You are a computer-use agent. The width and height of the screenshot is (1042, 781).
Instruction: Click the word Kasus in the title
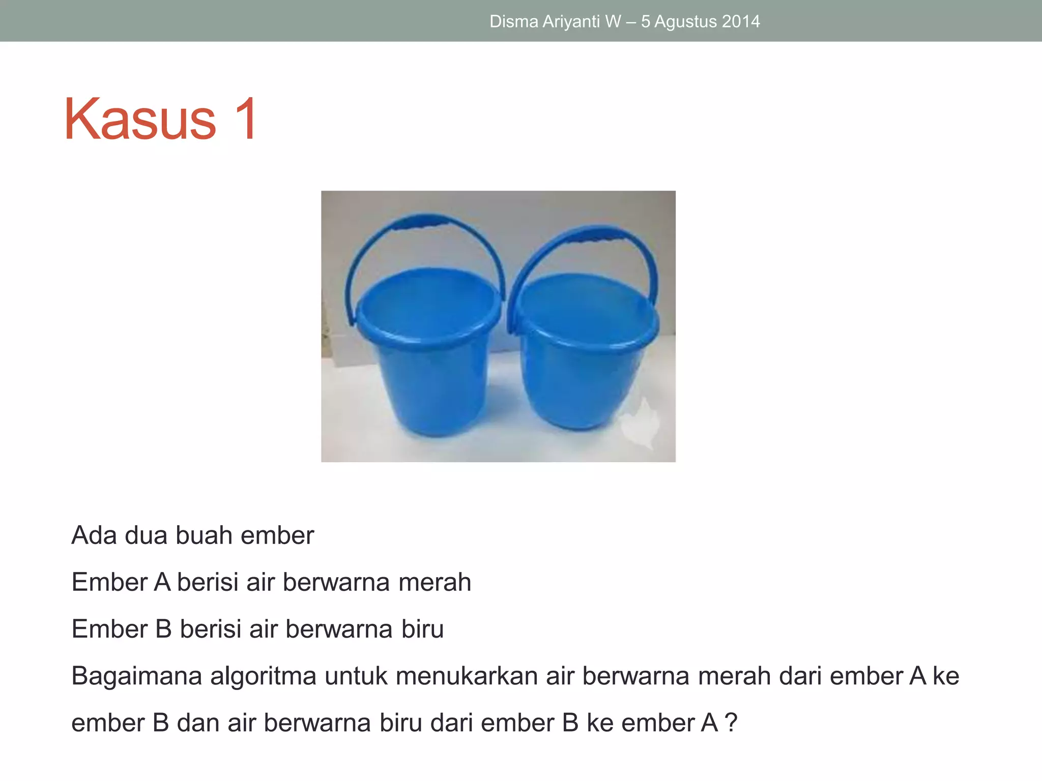click(x=140, y=119)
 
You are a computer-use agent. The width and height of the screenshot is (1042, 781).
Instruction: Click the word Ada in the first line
click(x=94, y=535)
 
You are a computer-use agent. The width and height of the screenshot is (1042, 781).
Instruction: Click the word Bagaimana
click(x=136, y=676)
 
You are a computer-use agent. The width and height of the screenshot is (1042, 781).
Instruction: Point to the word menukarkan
click(x=467, y=676)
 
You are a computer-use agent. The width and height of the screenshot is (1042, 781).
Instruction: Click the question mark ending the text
click(x=731, y=723)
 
